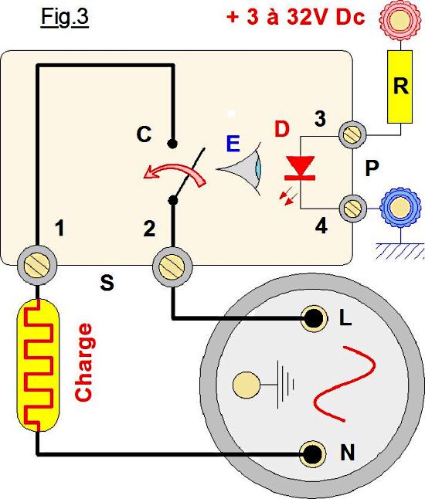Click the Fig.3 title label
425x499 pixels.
[x=65, y=18]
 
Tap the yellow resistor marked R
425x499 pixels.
[x=399, y=87]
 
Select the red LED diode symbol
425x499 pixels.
[x=300, y=168]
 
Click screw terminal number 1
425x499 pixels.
[x=37, y=265]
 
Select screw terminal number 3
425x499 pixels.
[x=352, y=134]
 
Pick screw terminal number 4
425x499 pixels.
[x=352, y=209]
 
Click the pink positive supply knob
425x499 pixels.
[x=399, y=19]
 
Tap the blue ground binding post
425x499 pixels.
[x=399, y=208]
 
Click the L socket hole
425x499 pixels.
[x=314, y=318]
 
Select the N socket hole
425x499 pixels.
[x=313, y=454]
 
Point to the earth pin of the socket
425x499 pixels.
[x=246, y=385]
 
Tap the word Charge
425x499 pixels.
[x=83, y=362]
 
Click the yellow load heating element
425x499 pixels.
[x=38, y=365]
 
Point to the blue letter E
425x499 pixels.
[x=233, y=144]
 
